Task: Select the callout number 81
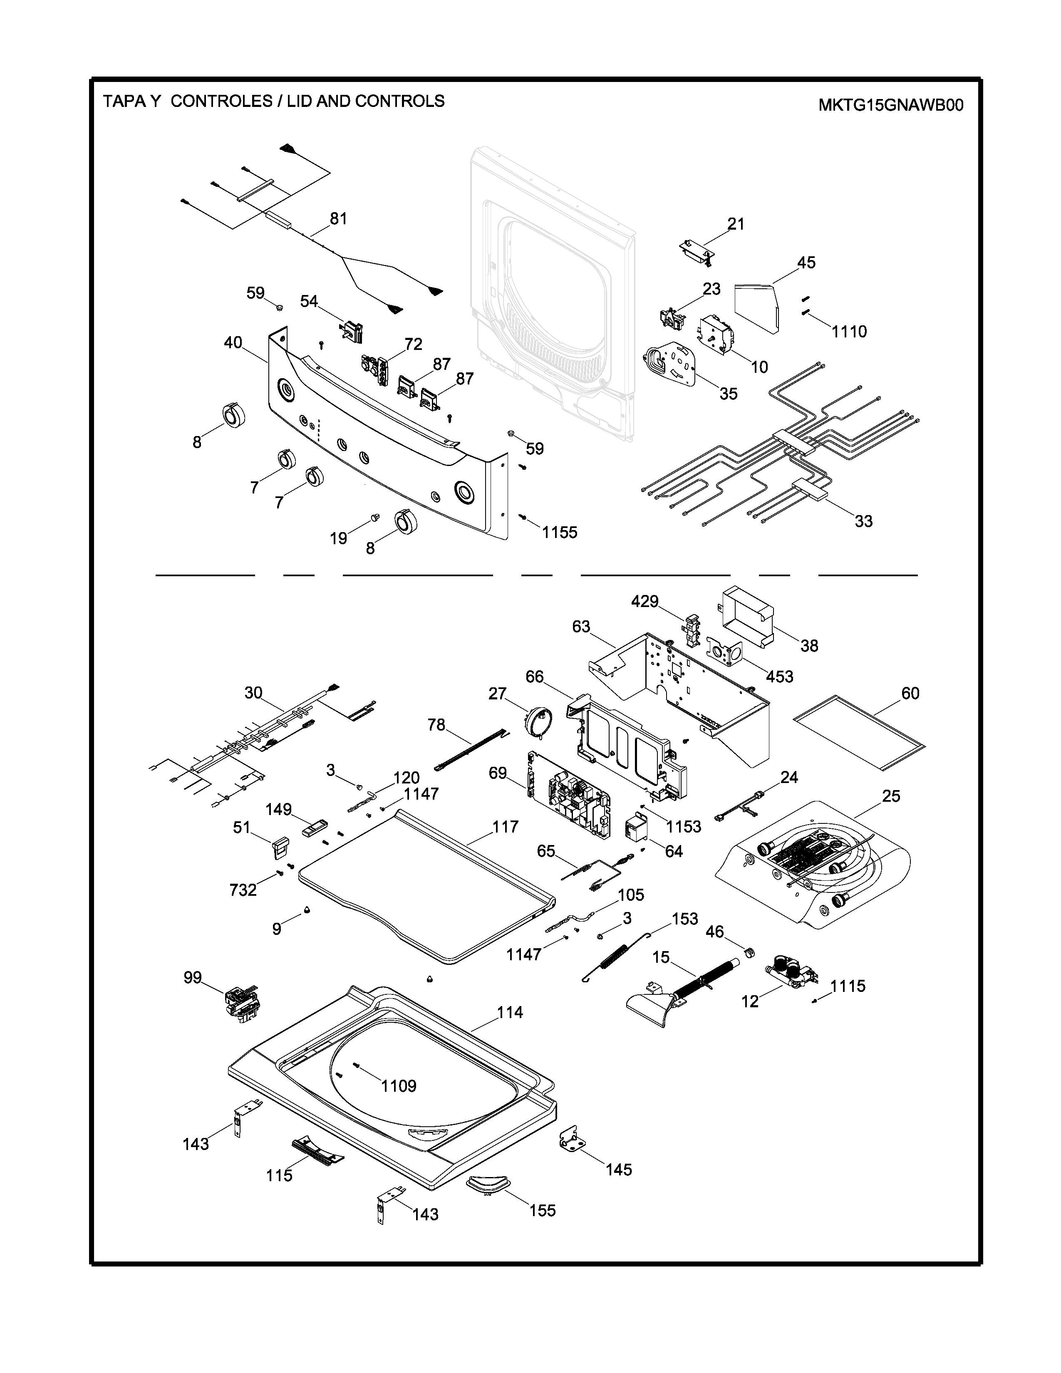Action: click(338, 219)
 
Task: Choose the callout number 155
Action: click(543, 1210)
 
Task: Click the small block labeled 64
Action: click(636, 828)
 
